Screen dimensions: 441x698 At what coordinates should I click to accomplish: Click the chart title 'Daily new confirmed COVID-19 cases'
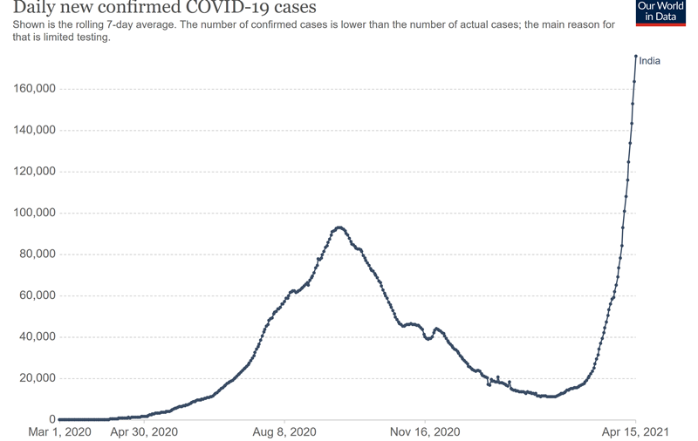click(x=153, y=8)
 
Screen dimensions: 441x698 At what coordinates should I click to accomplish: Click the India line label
click(x=649, y=61)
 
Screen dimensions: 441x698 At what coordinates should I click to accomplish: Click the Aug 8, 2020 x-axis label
click(x=286, y=431)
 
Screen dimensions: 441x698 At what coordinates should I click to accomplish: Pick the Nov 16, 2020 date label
click(x=425, y=431)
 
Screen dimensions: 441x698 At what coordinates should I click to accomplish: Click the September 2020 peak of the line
click(x=339, y=227)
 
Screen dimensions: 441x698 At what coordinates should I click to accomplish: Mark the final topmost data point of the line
click(x=636, y=57)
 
